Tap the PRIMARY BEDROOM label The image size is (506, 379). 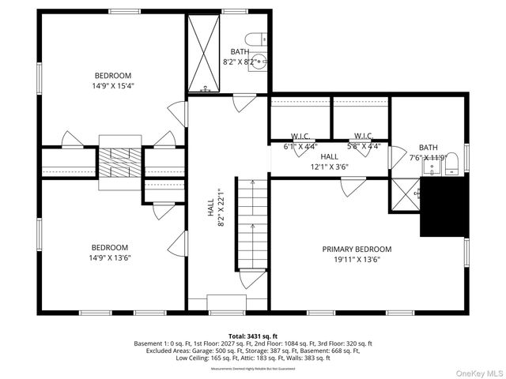(357, 249)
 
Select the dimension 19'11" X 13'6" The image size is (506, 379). (357, 259)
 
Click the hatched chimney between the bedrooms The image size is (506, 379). (119, 162)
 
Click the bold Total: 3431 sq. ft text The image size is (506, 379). (253, 336)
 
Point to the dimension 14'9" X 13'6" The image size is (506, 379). (110, 257)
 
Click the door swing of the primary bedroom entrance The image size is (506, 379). (351, 186)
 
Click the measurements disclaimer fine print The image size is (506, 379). (253, 369)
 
